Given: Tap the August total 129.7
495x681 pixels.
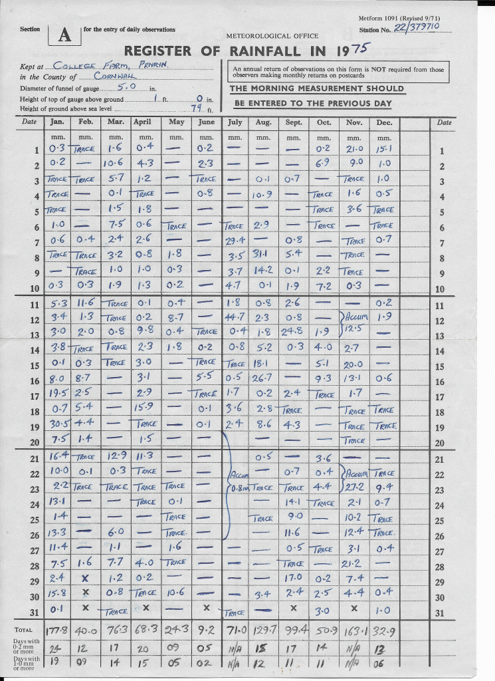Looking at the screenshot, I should pyautogui.click(x=264, y=628).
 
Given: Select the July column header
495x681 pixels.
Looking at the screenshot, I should pyautogui.click(x=235, y=122).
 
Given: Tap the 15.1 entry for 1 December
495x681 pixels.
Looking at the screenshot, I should pyautogui.click(x=383, y=148).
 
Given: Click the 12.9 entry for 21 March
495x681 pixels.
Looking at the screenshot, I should pyautogui.click(x=115, y=456).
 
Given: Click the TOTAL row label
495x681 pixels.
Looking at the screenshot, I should pyautogui.click(x=23, y=628).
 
